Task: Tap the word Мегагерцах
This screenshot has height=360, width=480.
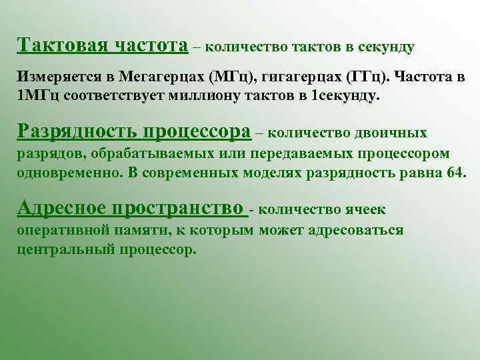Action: coord(165,77)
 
